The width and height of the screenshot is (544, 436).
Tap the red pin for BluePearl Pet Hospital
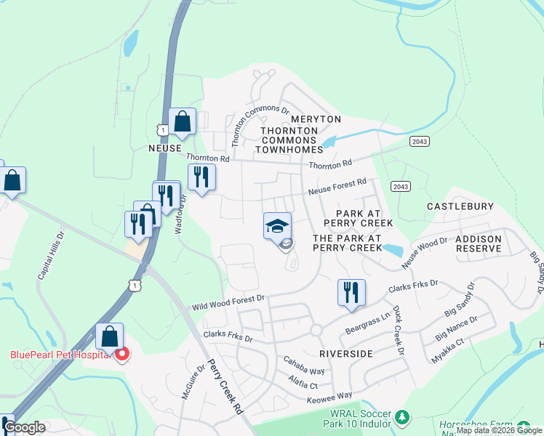pyautogui.click(x=122, y=354)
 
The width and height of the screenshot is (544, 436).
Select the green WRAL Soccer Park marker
pyautogui.click(x=401, y=418)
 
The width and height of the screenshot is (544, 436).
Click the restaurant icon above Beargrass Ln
pyautogui.click(x=351, y=293)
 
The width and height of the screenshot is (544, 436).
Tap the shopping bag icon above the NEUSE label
pyautogui.click(x=182, y=121)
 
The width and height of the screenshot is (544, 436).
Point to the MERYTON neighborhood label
pyautogui.click(x=316, y=118)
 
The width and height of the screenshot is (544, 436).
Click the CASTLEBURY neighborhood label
pyautogui.click(x=460, y=206)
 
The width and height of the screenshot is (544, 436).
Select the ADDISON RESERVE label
pyautogui.click(x=478, y=243)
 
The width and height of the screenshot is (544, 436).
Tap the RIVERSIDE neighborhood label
pyautogui.click(x=345, y=353)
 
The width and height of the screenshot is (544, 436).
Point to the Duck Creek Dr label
pyautogui.click(x=398, y=329)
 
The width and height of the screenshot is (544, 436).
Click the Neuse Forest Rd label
pyautogui.click(x=337, y=187)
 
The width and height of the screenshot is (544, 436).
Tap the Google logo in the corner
pyautogui.click(x=25, y=427)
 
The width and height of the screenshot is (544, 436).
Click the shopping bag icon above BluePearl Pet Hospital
pyautogui.click(x=109, y=337)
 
